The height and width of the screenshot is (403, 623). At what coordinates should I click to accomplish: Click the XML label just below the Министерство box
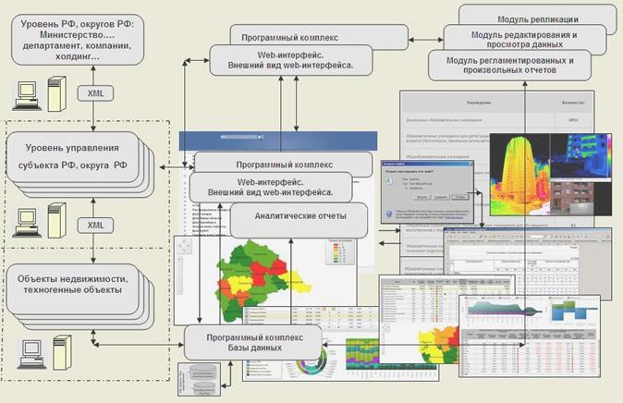click(95, 92)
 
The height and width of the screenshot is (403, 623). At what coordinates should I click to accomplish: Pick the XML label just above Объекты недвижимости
click(95, 225)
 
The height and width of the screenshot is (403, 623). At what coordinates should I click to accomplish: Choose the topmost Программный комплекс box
click(319, 37)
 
